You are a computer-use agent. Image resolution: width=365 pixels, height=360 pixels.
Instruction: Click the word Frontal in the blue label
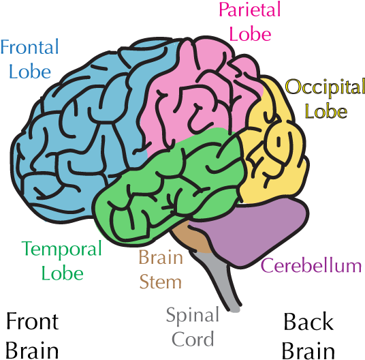(x=30, y=48)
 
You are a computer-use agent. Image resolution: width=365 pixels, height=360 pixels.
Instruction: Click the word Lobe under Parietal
(x=251, y=33)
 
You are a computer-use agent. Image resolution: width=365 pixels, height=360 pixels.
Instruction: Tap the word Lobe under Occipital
(x=326, y=110)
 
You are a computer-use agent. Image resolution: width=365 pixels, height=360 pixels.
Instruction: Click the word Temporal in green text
(x=61, y=250)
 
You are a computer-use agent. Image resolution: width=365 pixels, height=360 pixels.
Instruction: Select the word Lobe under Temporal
(x=62, y=273)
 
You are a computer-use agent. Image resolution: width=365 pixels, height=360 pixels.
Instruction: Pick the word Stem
(x=161, y=281)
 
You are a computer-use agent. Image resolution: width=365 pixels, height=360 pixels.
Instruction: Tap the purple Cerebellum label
(x=311, y=266)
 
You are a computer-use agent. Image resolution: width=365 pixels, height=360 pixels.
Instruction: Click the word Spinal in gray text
(x=193, y=316)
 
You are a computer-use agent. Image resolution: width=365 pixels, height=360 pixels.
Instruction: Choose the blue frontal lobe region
(x=75, y=136)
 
